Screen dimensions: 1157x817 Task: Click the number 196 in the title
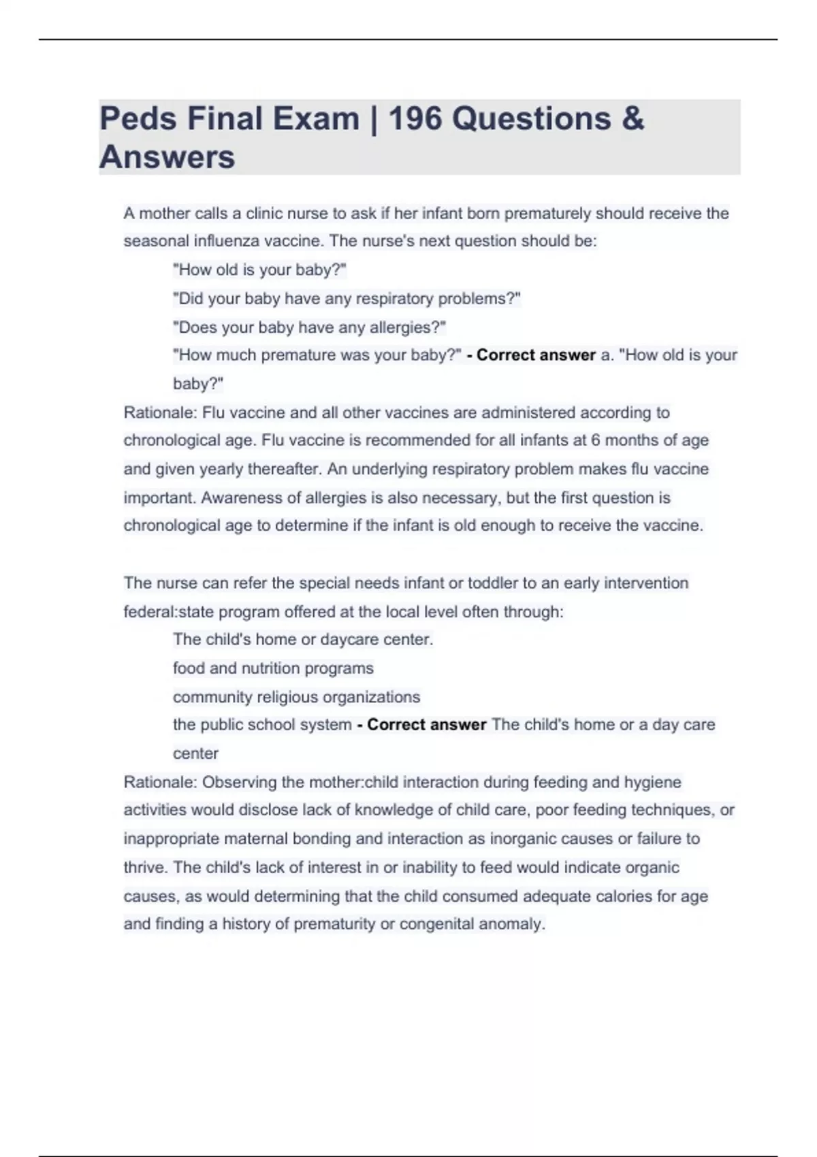click(415, 118)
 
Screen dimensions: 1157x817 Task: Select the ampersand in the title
click(632, 118)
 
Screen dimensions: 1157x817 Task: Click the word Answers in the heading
click(167, 157)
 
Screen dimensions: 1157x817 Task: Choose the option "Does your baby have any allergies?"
click(309, 327)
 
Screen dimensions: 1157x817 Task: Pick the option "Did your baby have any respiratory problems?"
click(347, 299)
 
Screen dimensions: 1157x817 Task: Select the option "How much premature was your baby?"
click(317, 355)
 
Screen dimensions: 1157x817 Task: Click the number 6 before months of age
click(595, 440)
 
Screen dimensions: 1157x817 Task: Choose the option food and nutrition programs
click(273, 668)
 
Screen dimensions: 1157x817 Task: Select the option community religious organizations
click(296, 697)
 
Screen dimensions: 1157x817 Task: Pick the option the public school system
click(262, 725)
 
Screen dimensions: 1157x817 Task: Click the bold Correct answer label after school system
click(426, 725)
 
